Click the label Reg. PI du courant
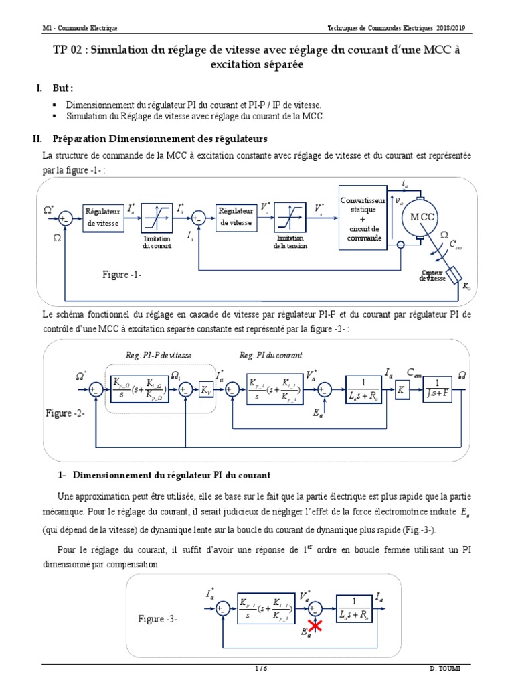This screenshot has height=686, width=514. click(x=270, y=355)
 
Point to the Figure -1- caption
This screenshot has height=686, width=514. click(x=122, y=275)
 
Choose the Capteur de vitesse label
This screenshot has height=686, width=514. click(x=432, y=275)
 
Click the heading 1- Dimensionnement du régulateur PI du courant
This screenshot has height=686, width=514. click(x=171, y=475)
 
